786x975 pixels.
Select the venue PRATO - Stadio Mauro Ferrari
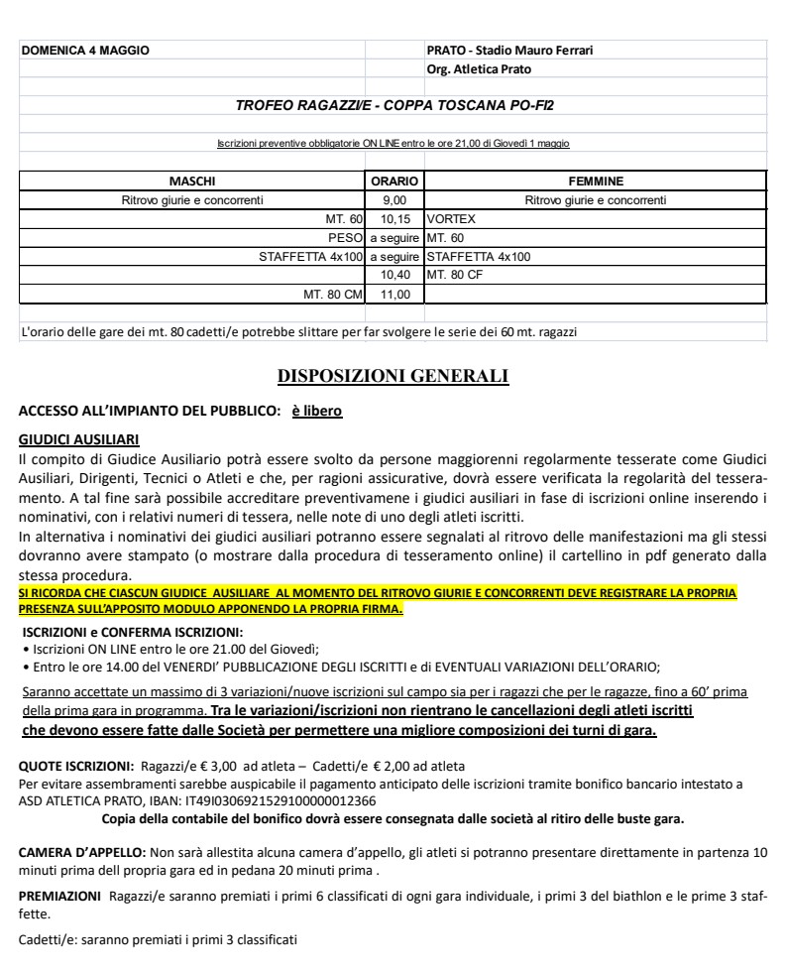509,50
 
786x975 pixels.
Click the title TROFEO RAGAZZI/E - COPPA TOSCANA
401,105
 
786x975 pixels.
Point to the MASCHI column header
192,182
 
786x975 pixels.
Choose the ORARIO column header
394,182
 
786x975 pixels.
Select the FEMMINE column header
595,182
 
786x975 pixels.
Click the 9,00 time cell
394,200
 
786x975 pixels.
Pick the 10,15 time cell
394,219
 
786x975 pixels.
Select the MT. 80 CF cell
454,275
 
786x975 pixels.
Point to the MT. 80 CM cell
332,295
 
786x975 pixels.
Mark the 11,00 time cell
394,295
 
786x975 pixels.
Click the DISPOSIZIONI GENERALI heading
393,376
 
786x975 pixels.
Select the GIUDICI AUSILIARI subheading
79,438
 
